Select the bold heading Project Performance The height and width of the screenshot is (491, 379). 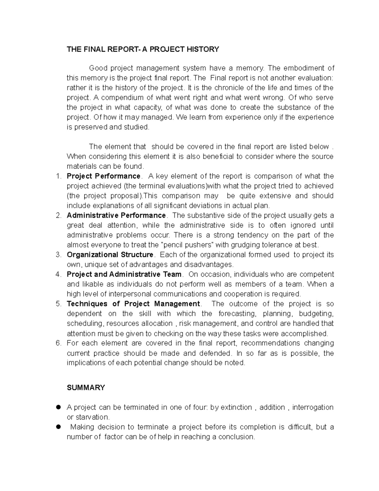pyautogui.click(x=104, y=176)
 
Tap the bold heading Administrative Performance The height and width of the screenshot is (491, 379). pyautogui.click(x=116, y=216)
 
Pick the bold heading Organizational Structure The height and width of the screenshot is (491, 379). pyautogui.click(x=110, y=255)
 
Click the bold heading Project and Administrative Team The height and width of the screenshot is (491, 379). pyautogui.click(x=124, y=274)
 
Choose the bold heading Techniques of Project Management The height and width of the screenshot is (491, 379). pyautogui.click(x=133, y=304)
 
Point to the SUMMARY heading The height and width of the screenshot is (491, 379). pyautogui.click(x=86, y=388)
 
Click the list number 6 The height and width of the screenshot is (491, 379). pyautogui.click(x=58, y=343)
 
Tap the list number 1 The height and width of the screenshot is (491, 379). pyautogui.click(x=58, y=176)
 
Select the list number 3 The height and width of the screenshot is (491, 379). pyautogui.click(x=58, y=255)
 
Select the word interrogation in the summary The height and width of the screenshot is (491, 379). pyautogui.click(x=313, y=407)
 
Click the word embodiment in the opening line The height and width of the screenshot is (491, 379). pyautogui.click(x=302, y=68)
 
